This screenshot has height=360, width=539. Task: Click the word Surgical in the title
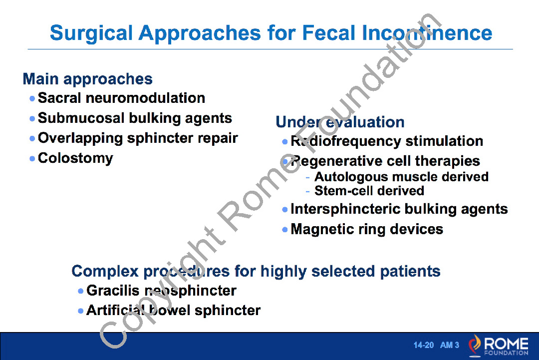click(91, 33)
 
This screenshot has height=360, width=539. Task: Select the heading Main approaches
click(88, 79)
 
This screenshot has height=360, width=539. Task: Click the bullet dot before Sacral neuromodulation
click(32, 99)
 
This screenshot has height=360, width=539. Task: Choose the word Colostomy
click(76, 158)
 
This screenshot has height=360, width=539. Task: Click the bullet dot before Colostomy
click(32, 158)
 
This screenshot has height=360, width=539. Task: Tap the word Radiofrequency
click(346, 141)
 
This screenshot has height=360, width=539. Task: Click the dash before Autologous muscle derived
click(307, 177)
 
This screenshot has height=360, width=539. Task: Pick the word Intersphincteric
click(345, 209)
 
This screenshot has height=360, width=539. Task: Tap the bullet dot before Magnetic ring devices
click(284, 229)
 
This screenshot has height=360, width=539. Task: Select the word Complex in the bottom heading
click(105, 272)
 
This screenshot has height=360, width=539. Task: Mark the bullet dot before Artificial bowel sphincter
click(81, 311)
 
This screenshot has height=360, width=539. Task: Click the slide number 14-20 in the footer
click(424, 345)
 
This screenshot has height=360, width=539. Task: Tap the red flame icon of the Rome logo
click(475, 345)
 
